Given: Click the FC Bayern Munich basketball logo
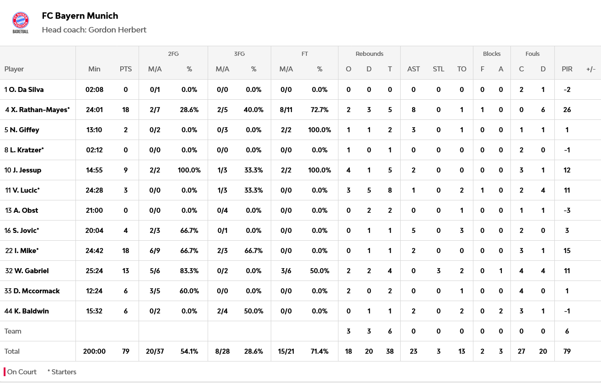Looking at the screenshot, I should click(20, 22).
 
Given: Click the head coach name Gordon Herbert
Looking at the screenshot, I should click(118, 30).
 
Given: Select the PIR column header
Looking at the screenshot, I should click(567, 69).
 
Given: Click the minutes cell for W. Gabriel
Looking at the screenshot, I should click(94, 271).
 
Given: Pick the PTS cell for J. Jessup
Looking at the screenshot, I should click(126, 170).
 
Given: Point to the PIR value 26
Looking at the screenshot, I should click(567, 110).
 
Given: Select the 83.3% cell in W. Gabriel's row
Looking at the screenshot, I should click(189, 271).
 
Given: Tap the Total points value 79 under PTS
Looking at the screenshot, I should click(126, 351).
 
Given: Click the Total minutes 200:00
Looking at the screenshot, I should click(94, 351).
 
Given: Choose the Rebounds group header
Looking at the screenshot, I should click(369, 54).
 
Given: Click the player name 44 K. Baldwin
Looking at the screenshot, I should click(27, 311).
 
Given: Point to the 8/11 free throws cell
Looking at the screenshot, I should click(286, 110).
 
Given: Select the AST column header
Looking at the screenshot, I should click(413, 69).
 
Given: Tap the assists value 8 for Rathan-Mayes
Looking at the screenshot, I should click(413, 110).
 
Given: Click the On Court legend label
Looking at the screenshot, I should click(21, 372).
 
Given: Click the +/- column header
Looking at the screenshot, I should click(590, 69).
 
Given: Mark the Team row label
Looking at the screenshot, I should click(13, 331).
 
